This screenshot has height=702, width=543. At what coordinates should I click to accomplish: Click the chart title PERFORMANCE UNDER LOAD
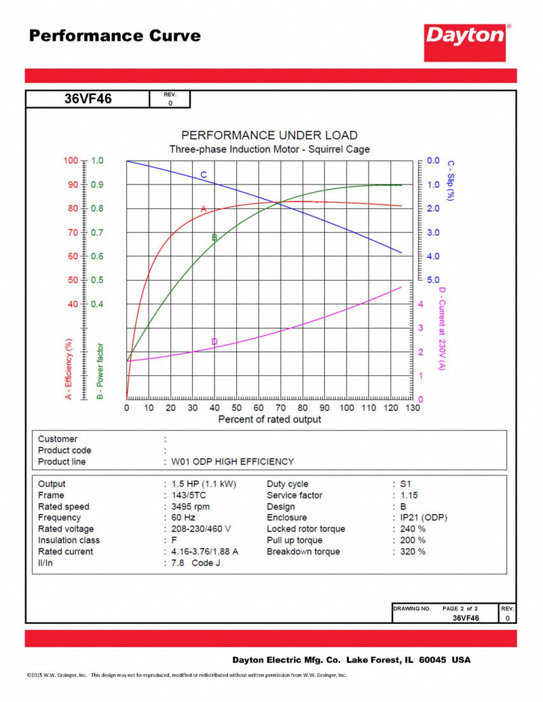269,135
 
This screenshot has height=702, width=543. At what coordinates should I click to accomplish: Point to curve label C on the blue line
203,175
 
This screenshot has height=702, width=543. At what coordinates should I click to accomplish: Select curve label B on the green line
214,237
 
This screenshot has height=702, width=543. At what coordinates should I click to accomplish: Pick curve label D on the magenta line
214,341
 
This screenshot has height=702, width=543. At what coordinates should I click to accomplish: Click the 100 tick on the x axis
347,408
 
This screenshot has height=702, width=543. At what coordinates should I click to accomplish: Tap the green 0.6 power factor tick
98,256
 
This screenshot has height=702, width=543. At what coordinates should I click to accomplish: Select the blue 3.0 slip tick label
433,233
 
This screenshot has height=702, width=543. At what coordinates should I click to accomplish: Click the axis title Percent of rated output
269,420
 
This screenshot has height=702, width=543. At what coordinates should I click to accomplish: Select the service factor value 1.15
409,495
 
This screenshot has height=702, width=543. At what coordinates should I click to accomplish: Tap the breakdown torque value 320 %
413,551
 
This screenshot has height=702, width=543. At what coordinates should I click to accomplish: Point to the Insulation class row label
69,540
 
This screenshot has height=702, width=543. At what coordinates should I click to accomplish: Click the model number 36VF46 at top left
88,99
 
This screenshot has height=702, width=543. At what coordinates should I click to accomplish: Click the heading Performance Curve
115,36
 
